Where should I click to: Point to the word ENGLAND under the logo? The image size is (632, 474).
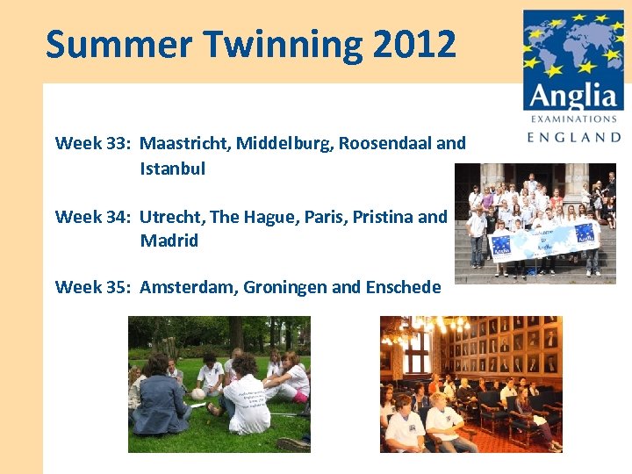574,137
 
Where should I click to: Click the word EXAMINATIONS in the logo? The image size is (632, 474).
573,118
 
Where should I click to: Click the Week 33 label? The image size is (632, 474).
93,143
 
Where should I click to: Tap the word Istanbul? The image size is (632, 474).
172,169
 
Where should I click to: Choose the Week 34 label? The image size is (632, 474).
93,216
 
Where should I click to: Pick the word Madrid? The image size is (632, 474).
169,241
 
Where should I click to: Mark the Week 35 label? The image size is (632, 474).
93,286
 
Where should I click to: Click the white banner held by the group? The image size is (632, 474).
545,239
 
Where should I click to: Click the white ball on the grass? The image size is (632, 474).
198,394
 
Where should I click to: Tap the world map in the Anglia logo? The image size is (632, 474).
572,43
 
